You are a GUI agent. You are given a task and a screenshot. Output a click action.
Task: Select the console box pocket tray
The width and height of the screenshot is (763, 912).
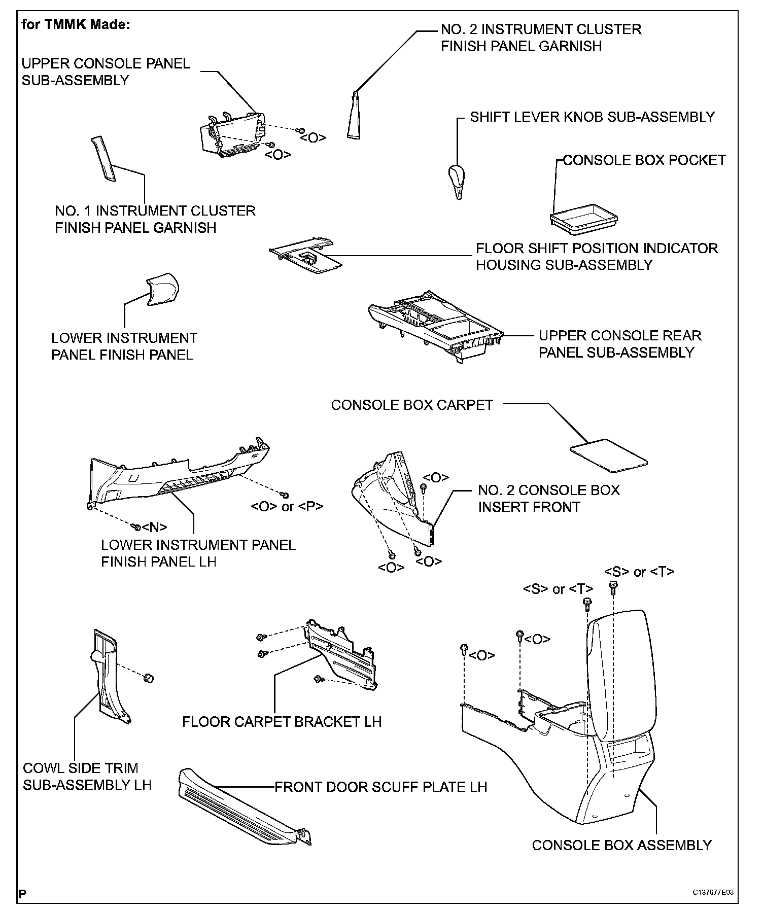click(x=583, y=218)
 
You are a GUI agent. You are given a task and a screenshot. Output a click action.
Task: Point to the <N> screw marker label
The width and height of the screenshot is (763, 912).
click(x=155, y=528)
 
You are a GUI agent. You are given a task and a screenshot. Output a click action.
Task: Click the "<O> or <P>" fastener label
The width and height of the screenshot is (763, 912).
click(x=287, y=506)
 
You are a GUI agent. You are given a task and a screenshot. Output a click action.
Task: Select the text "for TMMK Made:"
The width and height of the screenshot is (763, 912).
click(x=76, y=25)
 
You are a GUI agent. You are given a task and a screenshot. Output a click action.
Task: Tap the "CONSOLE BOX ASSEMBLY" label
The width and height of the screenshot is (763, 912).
click(x=621, y=846)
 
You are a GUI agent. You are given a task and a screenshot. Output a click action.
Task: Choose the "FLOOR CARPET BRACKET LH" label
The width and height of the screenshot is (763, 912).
click(x=282, y=721)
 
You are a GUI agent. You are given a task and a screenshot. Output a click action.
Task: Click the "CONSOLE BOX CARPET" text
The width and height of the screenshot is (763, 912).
click(x=412, y=405)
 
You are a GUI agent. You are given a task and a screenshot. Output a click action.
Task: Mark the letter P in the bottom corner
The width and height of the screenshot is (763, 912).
click(x=22, y=893)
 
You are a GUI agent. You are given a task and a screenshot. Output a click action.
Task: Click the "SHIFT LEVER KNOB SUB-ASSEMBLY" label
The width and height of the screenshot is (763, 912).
click(x=592, y=117)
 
